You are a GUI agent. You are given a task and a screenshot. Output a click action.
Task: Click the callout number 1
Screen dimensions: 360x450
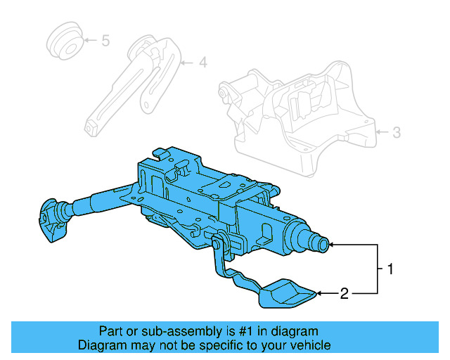point(387,269)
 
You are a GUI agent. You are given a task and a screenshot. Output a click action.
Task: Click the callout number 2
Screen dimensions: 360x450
point(345,293)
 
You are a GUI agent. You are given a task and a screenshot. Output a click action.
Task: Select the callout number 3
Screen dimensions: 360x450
point(396,131)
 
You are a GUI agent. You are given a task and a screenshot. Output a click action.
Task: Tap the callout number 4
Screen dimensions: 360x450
point(202,63)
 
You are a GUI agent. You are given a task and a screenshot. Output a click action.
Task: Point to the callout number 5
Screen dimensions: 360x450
point(105,41)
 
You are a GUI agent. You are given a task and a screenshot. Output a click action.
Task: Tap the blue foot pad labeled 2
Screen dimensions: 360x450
point(285,294)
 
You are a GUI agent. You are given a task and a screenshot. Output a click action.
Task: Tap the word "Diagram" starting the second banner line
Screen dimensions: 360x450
point(101,345)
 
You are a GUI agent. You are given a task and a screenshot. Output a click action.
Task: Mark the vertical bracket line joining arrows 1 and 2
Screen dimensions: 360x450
point(378,269)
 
